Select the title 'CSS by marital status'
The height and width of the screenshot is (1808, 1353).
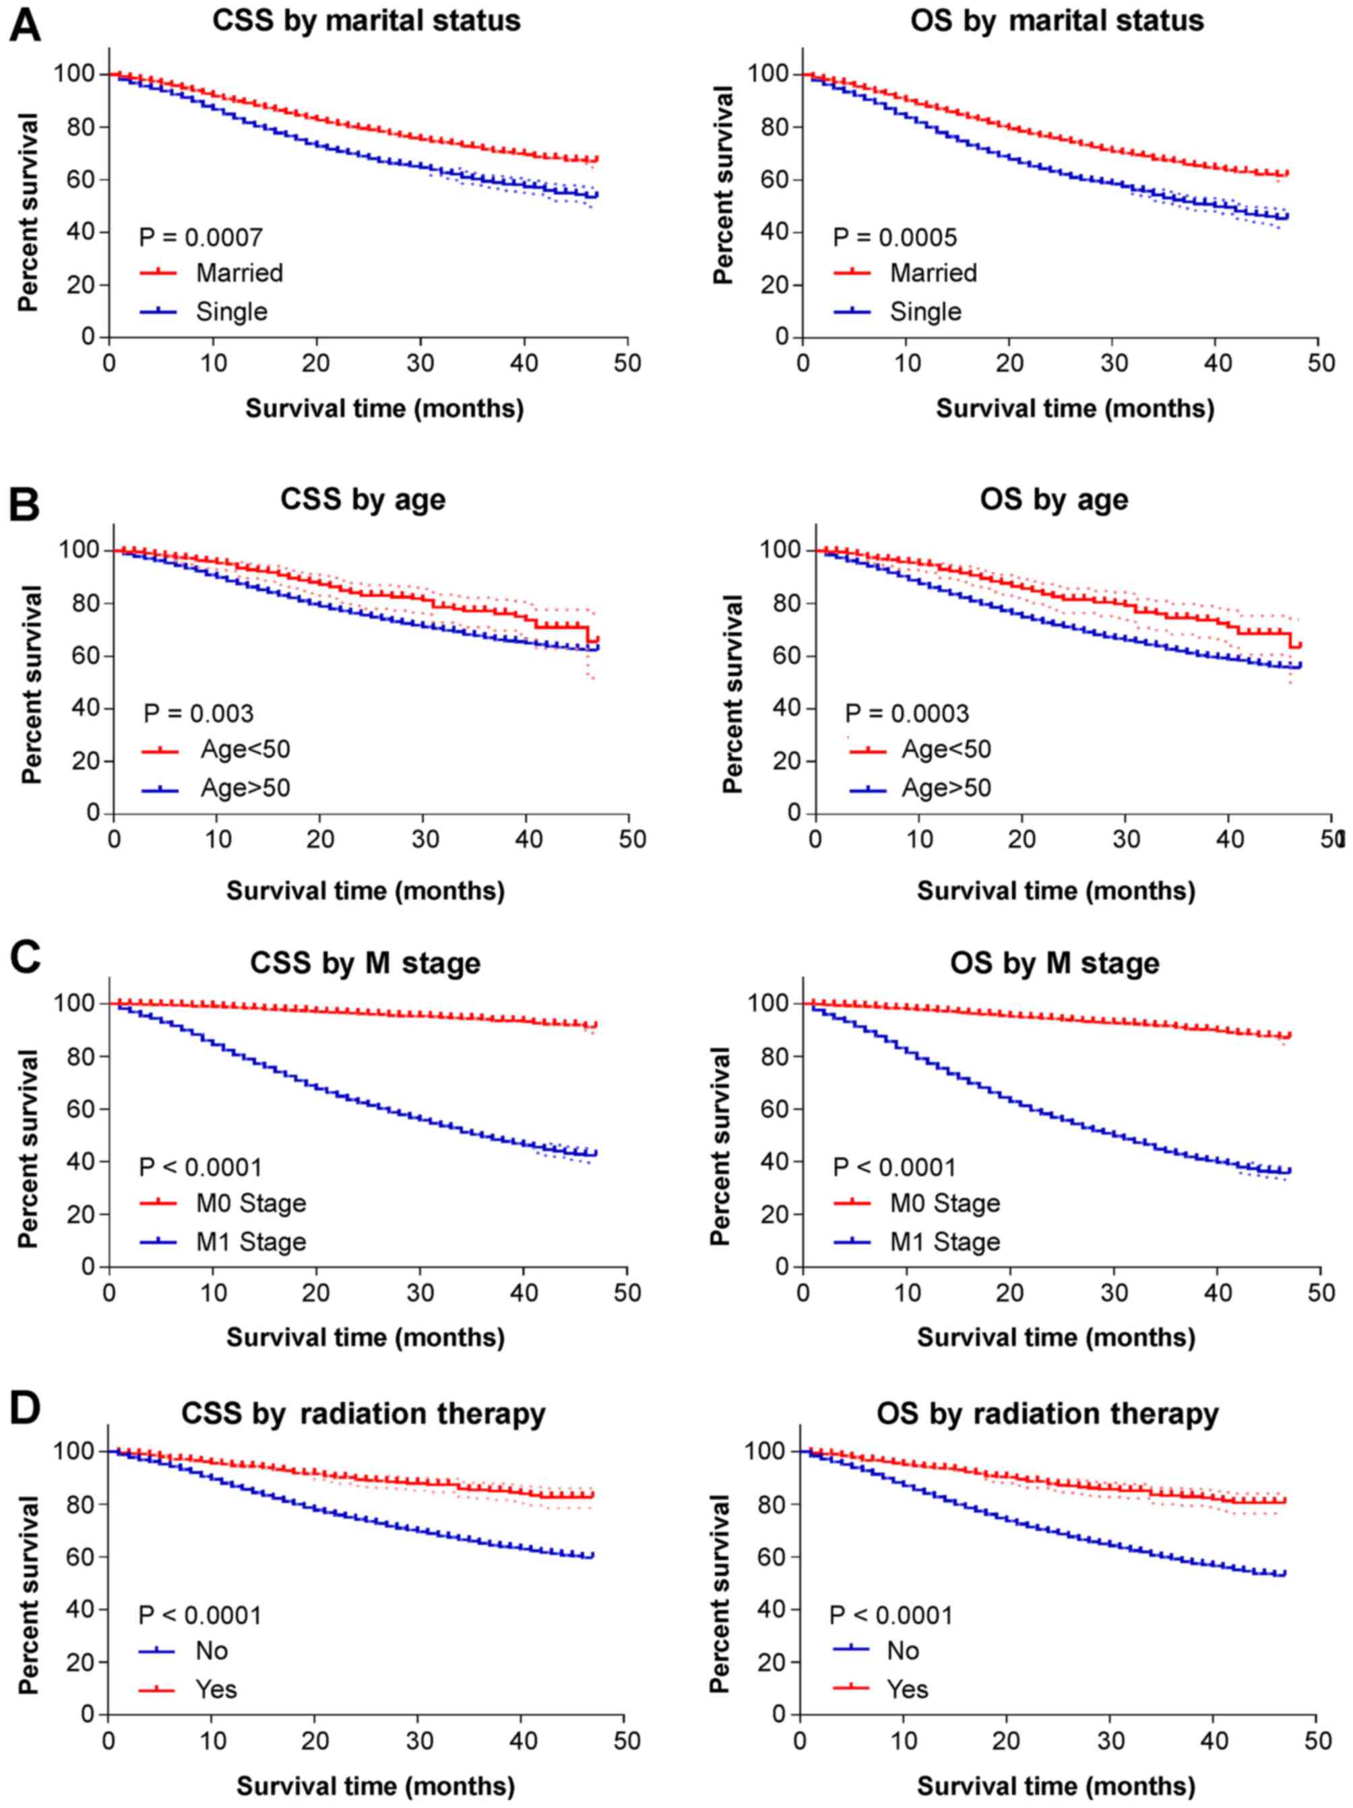click(367, 20)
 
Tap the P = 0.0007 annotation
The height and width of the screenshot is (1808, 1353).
click(201, 238)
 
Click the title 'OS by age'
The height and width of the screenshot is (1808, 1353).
click(1054, 499)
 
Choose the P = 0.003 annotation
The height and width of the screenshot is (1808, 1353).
click(199, 714)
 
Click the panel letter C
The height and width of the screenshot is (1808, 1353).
click(24, 958)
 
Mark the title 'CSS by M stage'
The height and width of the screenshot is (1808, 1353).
click(365, 963)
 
